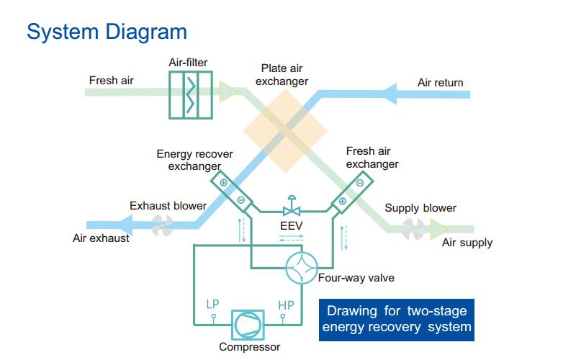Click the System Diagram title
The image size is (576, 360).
(107, 32)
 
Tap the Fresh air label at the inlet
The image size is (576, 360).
(112, 80)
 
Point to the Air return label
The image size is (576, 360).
(440, 83)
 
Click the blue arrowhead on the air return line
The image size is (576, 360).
(387, 93)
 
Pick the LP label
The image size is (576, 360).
(213, 305)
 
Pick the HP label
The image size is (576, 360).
(286, 305)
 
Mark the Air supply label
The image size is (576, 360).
(467, 243)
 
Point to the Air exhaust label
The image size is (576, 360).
(102, 238)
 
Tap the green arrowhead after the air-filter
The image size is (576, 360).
(229, 91)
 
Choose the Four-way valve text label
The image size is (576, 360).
(356, 278)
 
